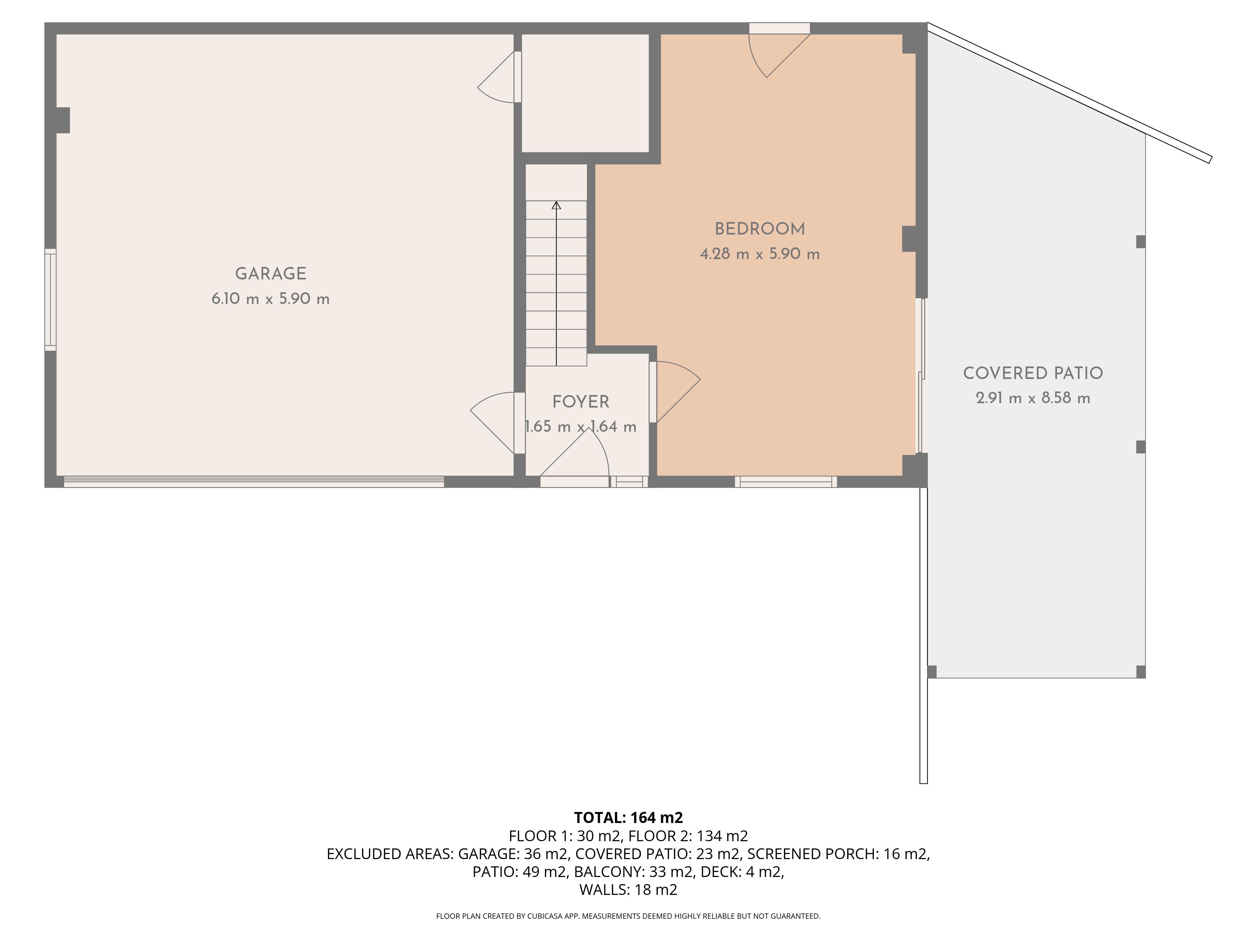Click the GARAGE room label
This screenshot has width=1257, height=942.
pos(271,274)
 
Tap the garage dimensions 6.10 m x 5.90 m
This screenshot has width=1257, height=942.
pos(271,299)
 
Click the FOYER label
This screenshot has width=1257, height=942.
pos(581,402)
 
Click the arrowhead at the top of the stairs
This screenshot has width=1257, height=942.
pos(556,206)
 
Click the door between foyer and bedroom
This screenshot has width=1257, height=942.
pos(673,392)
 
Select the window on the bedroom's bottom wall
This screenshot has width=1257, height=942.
pos(786,481)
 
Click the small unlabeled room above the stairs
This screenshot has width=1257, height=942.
pos(585,93)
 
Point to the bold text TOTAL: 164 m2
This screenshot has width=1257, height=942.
pos(628,818)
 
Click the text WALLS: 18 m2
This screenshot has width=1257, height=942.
pos(628,890)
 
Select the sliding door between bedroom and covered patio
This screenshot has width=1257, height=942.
pos(922,376)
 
